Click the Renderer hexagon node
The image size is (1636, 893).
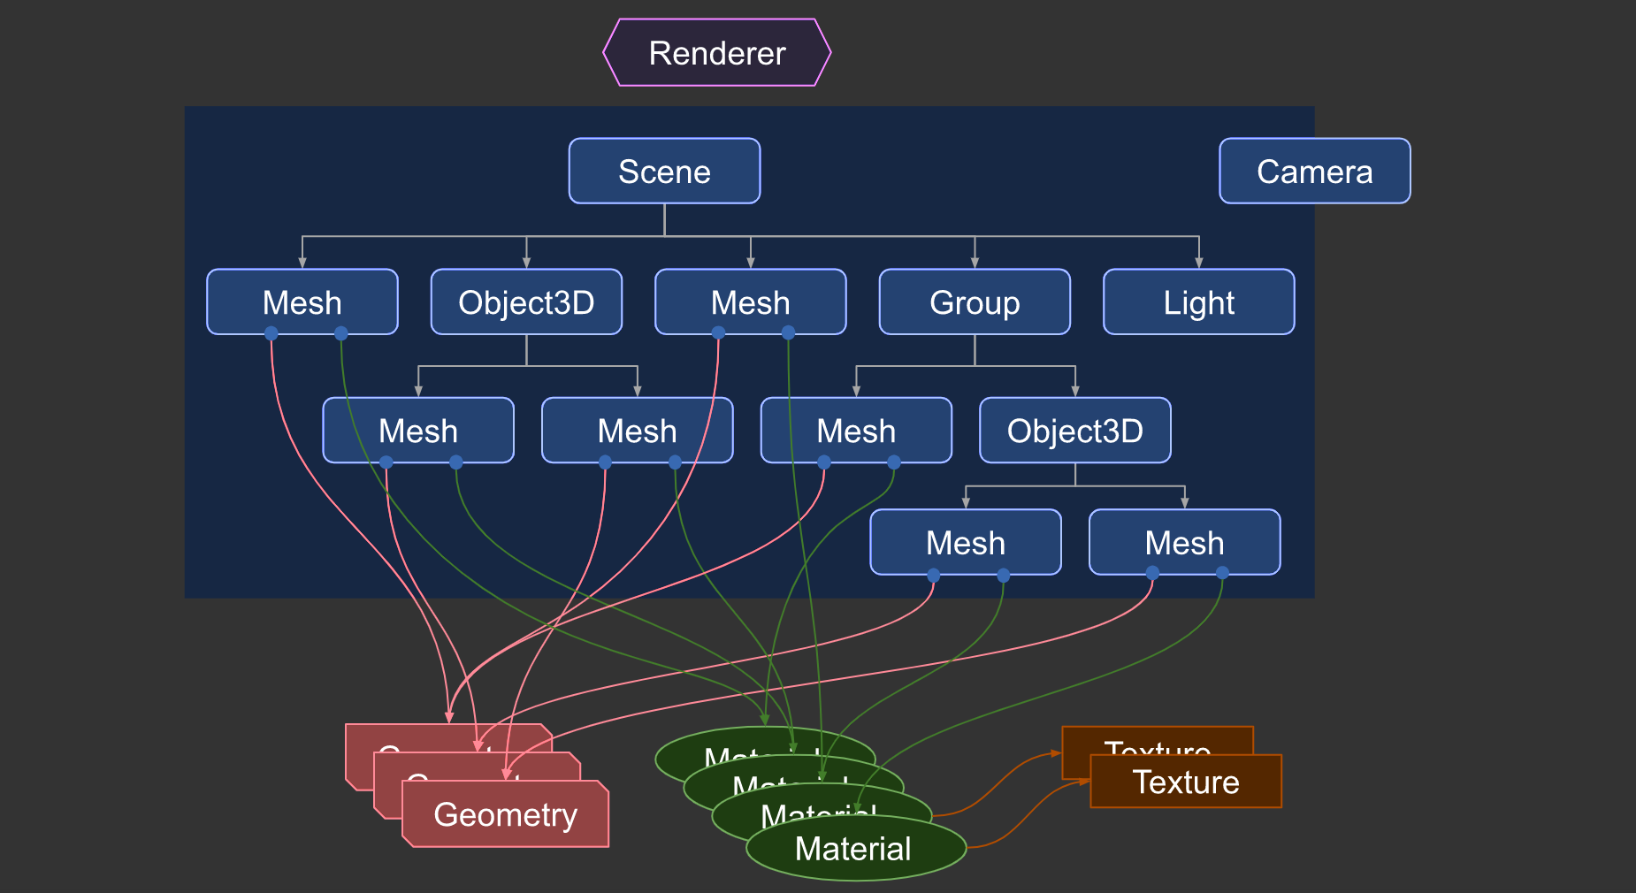point(717,53)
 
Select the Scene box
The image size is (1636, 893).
point(664,172)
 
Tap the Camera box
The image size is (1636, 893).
point(1314,172)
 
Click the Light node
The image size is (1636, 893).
point(1198,302)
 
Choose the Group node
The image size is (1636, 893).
point(975,302)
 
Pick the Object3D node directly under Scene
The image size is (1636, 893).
point(526,302)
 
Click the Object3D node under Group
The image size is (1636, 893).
point(1074,431)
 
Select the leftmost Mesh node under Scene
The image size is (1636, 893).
point(302,302)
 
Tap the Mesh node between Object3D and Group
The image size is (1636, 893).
point(750,302)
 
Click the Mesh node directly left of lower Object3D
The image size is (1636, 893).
point(856,431)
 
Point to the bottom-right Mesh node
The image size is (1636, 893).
point(1184,542)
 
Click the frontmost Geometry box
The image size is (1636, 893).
point(505,814)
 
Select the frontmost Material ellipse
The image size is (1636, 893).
point(853,849)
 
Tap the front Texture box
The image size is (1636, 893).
point(1186,782)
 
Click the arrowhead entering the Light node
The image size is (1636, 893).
point(1199,263)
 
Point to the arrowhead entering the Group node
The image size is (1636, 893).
point(975,263)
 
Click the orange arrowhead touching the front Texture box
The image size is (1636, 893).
point(1085,782)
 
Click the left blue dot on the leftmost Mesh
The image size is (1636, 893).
point(271,333)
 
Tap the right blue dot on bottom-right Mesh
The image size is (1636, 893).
point(1222,574)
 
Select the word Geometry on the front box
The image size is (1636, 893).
point(505,814)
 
